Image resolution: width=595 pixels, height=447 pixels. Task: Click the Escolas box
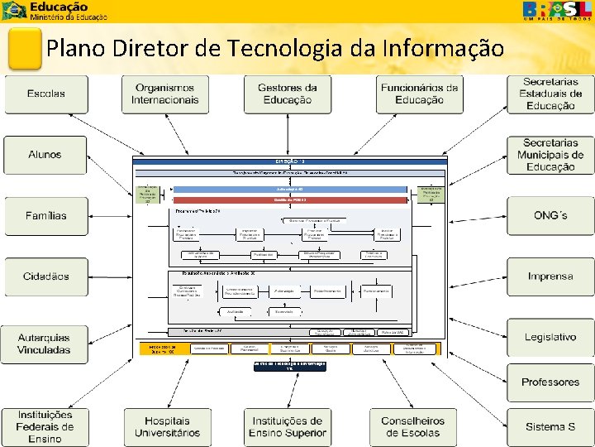(46, 94)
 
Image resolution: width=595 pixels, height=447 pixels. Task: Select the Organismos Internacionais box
(165, 94)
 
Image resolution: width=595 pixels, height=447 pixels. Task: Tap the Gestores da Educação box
(288, 94)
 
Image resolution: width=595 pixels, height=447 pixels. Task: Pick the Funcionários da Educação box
(419, 94)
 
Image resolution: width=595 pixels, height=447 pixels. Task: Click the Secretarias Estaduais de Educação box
(550, 94)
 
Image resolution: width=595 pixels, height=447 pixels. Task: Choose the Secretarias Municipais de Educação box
(550, 155)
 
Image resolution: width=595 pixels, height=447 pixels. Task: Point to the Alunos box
(46, 155)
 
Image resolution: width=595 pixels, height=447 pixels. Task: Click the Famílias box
(46, 216)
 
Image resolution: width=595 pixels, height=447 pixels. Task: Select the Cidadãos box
(46, 276)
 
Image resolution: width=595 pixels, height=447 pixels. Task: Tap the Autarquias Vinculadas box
(46, 344)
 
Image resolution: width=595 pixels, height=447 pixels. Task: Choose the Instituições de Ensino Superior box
(288, 426)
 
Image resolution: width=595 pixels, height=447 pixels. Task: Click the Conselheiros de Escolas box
(412, 426)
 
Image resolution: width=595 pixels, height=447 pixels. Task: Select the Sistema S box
(550, 426)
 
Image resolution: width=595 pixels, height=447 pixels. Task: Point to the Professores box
(550, 382)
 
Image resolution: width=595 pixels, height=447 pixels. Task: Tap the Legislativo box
(550, 338)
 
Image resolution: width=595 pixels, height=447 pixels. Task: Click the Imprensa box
(550, 276)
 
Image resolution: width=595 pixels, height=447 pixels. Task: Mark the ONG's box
(550, 216)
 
